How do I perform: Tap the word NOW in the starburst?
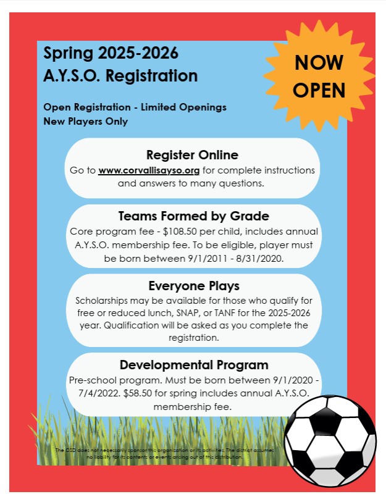tap(319, 64)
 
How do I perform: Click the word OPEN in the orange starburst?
tap(319, 91)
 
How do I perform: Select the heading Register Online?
tap(192, 154)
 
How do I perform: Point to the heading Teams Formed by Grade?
tap(193, 217)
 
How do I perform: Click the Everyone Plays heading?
tap(194, 286)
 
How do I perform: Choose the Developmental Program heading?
tap(194, 364)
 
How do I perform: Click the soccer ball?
tap(330, 439)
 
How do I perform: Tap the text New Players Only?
tap(85, 121)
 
